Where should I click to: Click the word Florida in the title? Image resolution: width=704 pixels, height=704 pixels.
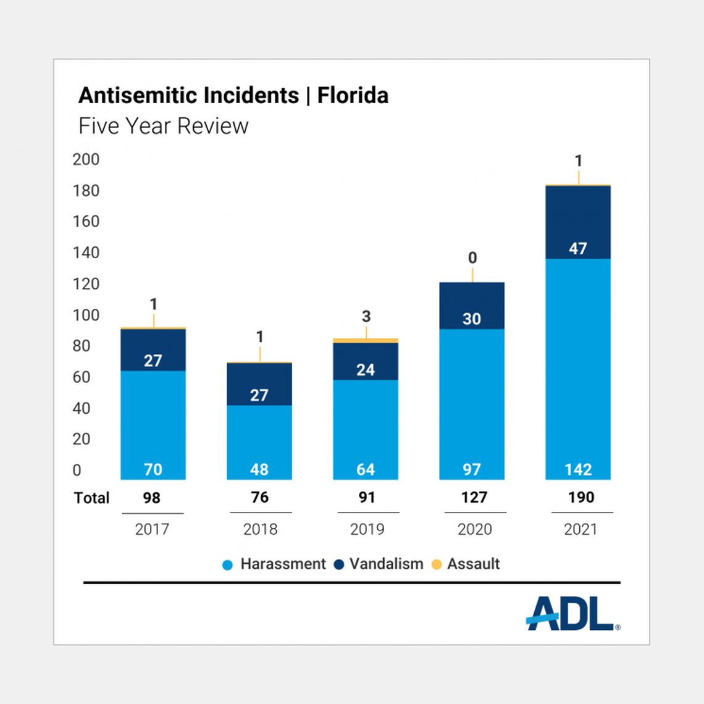click(353, 96)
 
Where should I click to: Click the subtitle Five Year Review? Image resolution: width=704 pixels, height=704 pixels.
click(163, 126)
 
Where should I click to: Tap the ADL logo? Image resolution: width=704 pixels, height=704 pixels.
click(572, 614)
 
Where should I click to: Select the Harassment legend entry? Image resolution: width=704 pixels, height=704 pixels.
click(282, 564)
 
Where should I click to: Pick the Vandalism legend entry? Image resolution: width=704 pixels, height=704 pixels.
click(386, 564)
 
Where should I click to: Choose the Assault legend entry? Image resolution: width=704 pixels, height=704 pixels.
click(473, 564)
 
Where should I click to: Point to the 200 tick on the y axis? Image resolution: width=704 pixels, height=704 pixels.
click(86, 159)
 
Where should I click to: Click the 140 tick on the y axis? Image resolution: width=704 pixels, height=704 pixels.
click(86, 253)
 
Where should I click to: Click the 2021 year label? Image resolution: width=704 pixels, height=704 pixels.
click(580, 529)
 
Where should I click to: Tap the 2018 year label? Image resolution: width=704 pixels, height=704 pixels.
click(260, 529)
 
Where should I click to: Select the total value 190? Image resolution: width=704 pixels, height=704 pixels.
click(581, 497)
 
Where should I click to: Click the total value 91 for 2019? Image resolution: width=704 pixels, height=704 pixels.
click(367, 497)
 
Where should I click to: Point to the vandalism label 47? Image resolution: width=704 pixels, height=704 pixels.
click(578, 249)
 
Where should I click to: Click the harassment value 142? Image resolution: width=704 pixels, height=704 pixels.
click(578, 469)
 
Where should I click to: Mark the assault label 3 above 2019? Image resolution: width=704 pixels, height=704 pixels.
click(366, 317)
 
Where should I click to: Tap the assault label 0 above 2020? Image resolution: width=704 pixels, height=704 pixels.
click(472, 258)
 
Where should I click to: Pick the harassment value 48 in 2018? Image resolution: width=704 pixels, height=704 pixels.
click(259, 469)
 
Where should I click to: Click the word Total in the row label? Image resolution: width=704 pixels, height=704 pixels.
click(91, 498)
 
